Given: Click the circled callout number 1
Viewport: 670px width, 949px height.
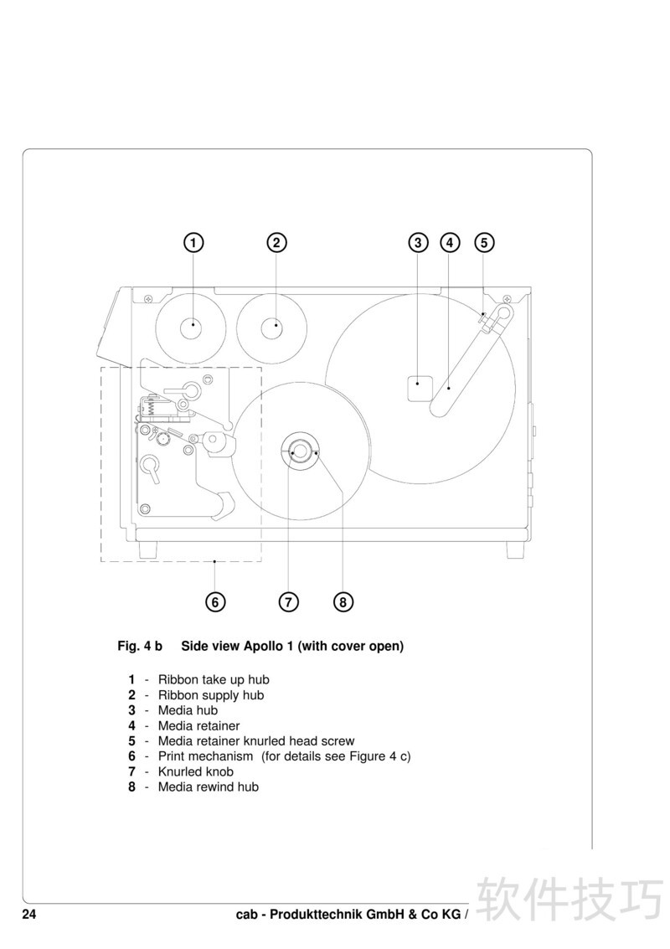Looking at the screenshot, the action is click(193, 243).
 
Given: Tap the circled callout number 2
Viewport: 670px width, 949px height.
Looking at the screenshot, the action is click(276, 243).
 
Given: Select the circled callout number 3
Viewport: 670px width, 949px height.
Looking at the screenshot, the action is click(418, 243).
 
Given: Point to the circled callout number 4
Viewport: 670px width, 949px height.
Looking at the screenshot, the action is click(450, 243).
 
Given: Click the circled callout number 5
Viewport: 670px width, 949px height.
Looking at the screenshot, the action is click(484, 243).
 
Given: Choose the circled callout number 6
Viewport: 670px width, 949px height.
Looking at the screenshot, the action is click(215, 602).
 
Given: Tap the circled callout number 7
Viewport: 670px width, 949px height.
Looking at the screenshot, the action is click(289, 602).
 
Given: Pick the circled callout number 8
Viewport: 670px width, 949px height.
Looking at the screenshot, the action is click(343, 602).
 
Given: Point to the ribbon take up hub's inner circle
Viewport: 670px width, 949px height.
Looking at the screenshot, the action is click(193, 328).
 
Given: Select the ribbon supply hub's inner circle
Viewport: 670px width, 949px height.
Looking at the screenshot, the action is click(276, 328).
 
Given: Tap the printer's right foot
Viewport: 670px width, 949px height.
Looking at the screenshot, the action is click(516, 549).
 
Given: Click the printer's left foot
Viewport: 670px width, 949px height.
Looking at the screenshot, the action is click(147, 549).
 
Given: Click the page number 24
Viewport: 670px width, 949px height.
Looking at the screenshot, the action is click(29, 915).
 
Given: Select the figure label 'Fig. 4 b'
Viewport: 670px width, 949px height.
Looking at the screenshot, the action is click(140, 646).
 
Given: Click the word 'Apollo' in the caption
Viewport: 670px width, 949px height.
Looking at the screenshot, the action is click(264, 647).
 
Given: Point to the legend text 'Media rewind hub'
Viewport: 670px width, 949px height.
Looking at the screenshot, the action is click(209, 787).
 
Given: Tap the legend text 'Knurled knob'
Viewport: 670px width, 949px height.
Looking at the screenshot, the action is click(195, 771).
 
